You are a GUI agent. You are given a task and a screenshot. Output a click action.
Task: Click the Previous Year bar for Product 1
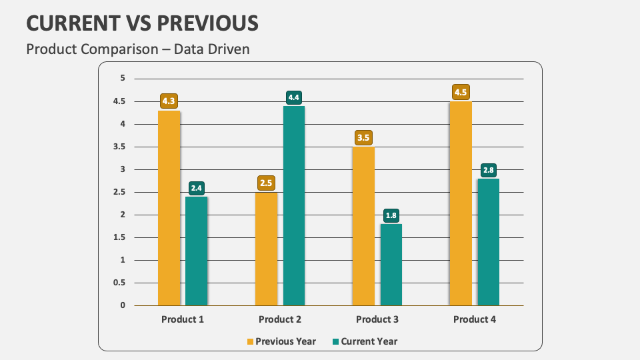coord(169,208)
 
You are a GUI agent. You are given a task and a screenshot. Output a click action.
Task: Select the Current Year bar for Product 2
coord(294,205)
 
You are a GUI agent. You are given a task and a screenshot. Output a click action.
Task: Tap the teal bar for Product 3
coord(391,265)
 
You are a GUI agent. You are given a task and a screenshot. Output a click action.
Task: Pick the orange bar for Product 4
coord(461,203)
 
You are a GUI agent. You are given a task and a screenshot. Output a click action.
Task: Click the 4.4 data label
coord(294,97)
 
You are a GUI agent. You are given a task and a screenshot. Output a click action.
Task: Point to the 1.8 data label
coord(391,215)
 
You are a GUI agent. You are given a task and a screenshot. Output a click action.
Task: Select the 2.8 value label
coord(489,170)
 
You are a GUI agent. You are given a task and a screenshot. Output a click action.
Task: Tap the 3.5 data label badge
coord(363,138)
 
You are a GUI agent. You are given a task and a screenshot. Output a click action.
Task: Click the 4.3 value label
coord(169,101)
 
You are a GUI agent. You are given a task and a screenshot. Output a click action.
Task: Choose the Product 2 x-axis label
coord(280,319)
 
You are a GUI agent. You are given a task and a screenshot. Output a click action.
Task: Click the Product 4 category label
coord(475,319)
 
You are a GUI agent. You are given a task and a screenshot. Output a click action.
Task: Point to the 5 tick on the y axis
coord(123,78)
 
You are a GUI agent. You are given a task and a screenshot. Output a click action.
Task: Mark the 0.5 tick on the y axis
coord(119,283)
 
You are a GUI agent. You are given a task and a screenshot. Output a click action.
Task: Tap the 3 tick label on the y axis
coord(123,169)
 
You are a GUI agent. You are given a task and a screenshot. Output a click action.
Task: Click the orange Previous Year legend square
coord(251,341)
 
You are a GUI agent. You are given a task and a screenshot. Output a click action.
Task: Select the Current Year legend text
coord(369,341)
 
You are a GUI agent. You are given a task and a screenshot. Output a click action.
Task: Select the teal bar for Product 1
coord(197,251)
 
